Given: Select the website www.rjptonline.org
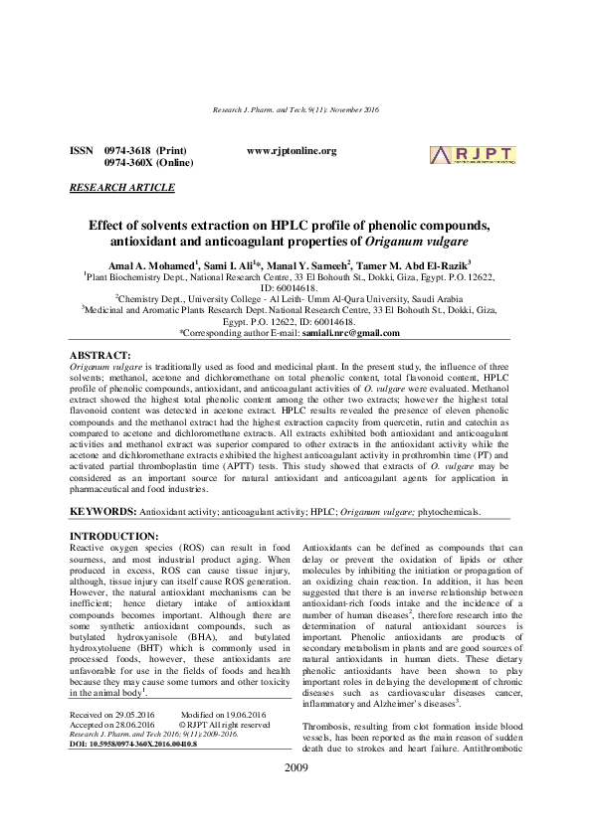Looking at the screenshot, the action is click(x=292, y=151).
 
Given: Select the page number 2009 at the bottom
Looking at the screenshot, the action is click(x=296, y=797).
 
